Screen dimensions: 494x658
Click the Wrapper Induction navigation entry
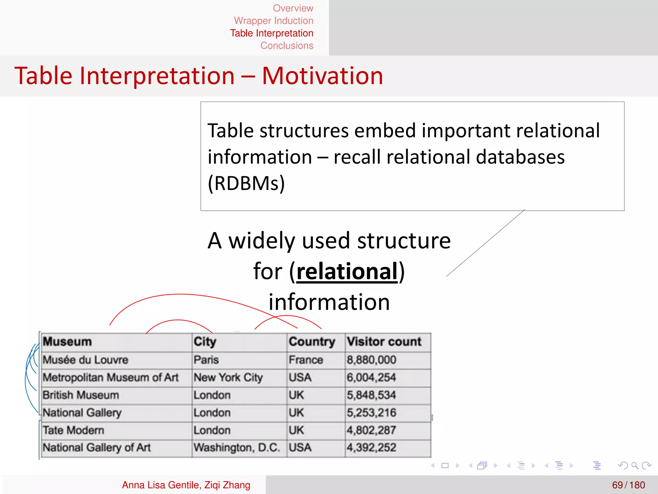273,21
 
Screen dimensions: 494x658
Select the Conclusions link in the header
287,46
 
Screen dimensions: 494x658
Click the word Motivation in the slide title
322,76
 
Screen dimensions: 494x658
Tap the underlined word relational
347,271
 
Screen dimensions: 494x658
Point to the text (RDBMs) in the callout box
246,183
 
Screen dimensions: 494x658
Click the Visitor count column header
384,342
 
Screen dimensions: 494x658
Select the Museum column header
67,342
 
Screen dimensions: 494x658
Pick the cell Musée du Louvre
85,360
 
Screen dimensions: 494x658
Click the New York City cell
228,377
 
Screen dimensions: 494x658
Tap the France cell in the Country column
306,360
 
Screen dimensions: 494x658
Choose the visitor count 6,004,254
371,377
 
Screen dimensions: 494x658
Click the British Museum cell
81,395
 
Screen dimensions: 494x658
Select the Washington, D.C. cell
236,447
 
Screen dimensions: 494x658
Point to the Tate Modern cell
74,430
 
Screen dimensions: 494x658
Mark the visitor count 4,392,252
371,447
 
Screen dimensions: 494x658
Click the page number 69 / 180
628,485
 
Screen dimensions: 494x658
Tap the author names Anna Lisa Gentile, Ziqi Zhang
186,485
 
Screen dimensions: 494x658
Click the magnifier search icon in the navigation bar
635,465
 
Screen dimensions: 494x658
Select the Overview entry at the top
293,8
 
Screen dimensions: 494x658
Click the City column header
205,342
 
